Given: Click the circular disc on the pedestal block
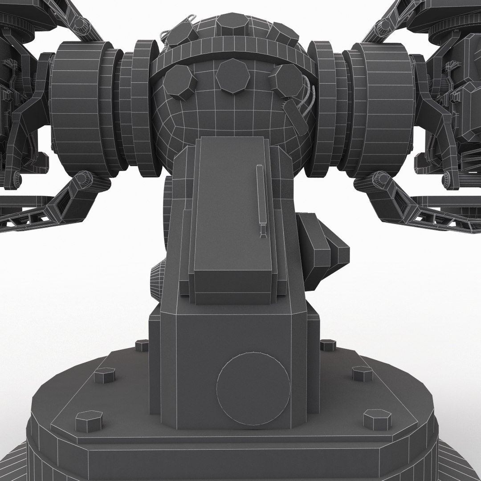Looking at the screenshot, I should [253, 386].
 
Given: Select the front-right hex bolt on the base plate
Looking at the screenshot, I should [377, 420].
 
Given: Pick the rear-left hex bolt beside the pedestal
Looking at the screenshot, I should [142, 345].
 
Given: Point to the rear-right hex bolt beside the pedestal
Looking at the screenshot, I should [328, 344].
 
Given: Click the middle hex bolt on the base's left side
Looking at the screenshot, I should [104, 375].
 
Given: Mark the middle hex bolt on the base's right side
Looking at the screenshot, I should [362, 373].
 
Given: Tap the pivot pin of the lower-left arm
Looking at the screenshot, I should [82, 179].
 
